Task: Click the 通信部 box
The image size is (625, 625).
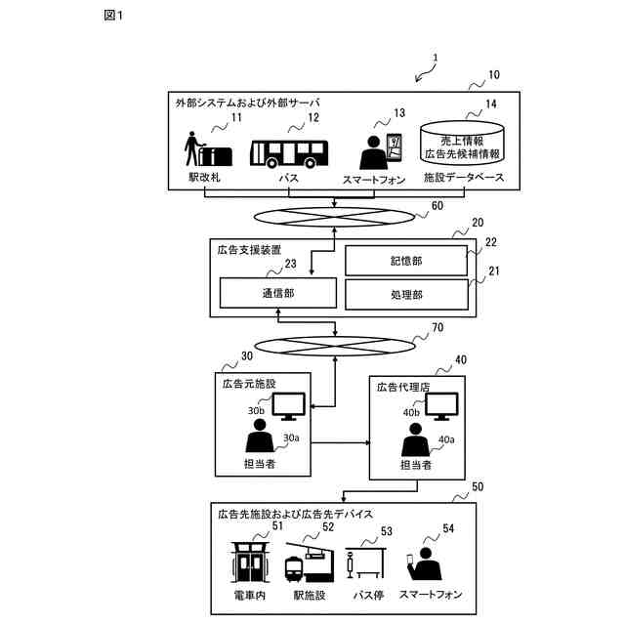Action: click(x=277, y=293)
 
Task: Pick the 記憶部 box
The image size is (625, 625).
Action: click(x=406, y=260)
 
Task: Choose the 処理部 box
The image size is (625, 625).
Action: click(x=406, y=294)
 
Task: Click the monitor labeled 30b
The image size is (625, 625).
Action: click(x=288, y=403)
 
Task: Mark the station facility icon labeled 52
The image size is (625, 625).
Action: click(x=306, y=562)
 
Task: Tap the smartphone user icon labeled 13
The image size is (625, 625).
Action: click(x=376, y=151)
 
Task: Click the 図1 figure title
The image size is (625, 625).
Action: click(x=113, y=15)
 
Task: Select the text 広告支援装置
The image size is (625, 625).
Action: click(x=248, y=250)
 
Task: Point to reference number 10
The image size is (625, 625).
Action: click(x=493, y=74)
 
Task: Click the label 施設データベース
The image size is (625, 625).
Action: click(x=463, y=180)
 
